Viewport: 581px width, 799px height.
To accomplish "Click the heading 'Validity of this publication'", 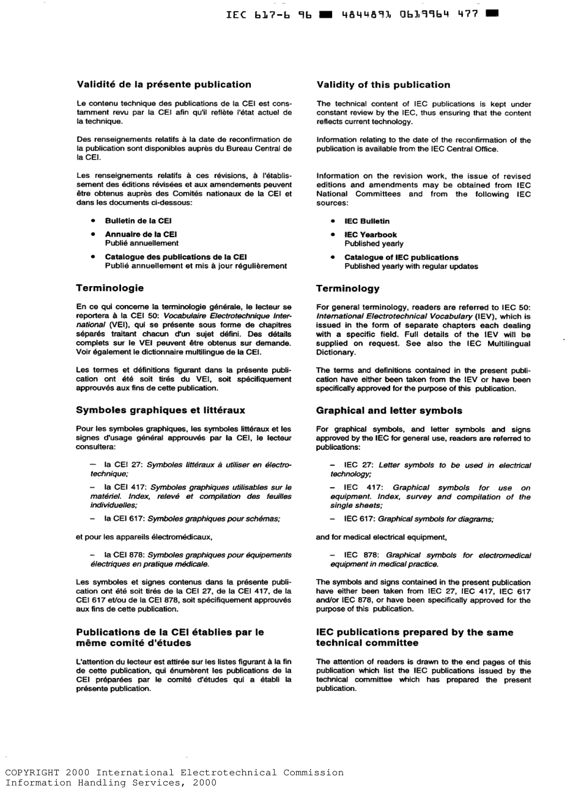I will point(383,85).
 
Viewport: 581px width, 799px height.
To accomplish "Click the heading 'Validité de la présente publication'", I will point(163,85).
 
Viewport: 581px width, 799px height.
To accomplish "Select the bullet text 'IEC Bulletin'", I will point(366,221).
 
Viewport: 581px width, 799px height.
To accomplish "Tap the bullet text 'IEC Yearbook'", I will point(370,235).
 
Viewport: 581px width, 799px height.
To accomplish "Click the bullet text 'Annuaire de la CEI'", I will point(141,235).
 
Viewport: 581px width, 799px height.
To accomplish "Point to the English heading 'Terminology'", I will point(347,289).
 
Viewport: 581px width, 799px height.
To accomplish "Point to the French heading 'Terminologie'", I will point(110,287).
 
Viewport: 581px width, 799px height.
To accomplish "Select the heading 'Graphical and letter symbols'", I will point(389,411).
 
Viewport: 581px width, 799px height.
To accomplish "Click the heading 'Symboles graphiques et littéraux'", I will point(160,410).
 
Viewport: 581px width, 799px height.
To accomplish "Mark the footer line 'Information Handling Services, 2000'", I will point(111,782).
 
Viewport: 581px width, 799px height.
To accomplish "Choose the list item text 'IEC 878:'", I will point(361,555).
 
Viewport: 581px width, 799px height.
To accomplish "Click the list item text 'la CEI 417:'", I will point(125,487).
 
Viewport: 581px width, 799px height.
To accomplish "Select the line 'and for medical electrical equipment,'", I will point(382,537).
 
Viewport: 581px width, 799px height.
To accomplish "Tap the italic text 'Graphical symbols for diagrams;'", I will point(436,519).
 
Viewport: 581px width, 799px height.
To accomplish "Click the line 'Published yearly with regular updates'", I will point(411,267).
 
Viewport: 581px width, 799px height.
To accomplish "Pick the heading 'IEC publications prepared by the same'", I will point(415,633).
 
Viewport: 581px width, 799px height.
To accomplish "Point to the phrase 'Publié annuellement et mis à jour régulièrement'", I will point(196,267).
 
